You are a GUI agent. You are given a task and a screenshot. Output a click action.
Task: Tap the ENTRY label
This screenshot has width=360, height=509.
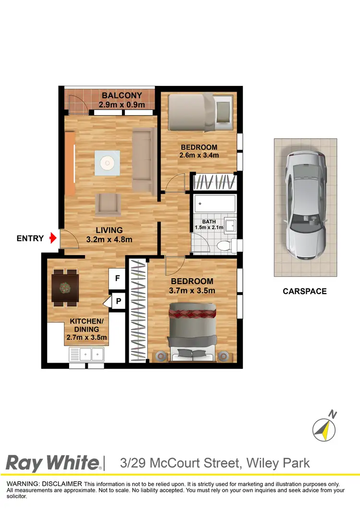30,238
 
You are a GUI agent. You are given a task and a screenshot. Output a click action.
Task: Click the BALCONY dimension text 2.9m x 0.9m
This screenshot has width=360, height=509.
122,105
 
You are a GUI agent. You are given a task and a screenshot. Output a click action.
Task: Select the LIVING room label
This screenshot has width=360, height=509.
108,230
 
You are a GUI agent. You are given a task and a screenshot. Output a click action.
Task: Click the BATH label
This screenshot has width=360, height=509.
209,222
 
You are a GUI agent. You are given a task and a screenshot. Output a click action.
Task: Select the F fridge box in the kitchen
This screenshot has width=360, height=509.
117,278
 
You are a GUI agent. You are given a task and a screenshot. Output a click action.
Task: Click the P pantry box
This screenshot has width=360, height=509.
118,301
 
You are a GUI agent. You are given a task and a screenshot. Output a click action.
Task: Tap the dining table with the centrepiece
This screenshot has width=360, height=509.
64,288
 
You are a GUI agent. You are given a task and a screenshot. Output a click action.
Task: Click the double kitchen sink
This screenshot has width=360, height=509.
87,355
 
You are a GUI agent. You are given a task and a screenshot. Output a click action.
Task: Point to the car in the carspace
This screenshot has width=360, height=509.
305,206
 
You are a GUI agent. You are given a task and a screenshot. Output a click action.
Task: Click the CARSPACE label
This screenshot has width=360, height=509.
305,291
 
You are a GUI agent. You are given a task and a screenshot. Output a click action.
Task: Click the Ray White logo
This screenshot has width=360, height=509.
53,463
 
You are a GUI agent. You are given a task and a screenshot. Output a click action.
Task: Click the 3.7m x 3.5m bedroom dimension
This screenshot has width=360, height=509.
191,291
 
